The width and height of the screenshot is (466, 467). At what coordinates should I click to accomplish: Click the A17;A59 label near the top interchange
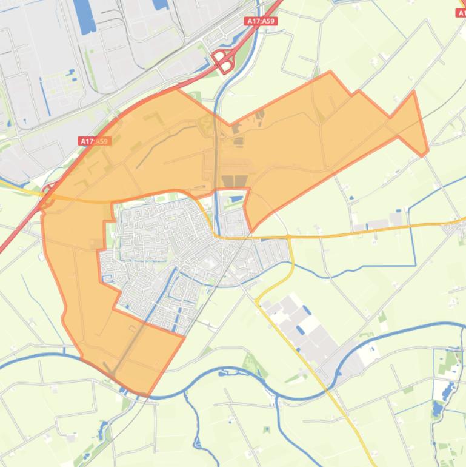pyautogui.click(x=261, y=21)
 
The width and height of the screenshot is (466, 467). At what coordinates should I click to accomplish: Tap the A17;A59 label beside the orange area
pyautogui.click(x=95, y=141)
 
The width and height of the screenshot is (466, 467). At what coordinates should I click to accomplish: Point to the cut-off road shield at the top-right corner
pyautogui.click(x=461, y=12)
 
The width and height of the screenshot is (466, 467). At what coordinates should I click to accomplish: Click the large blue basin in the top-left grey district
pyautogui.click(x=84, y=15)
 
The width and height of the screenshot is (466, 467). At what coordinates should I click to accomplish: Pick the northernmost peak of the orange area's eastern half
pyautogui.click(x=330, y=72)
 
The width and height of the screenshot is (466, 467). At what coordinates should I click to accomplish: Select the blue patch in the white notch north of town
pyautogui.click(x=236, y=198)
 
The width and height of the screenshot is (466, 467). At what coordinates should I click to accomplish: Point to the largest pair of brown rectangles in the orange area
pyautogui.click(x=235, y=181)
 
